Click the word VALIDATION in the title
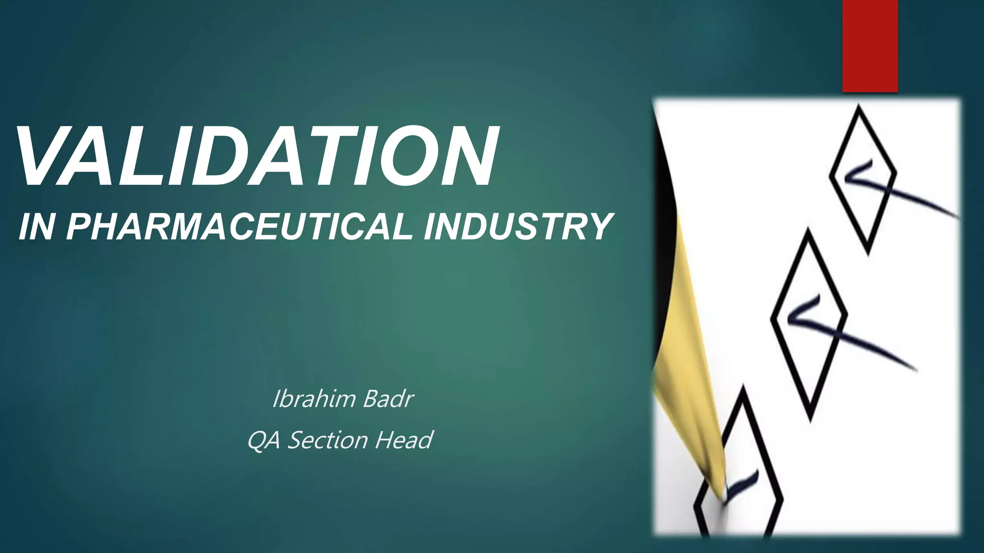(x=257, y=156)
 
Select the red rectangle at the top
(x=870, y=46)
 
